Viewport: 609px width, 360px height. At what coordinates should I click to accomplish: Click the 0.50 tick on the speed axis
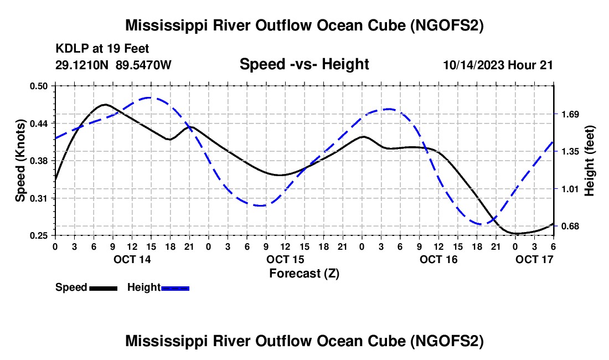(x=42, y=86)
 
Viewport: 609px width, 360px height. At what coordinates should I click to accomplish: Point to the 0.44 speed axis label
(x=42, y=123)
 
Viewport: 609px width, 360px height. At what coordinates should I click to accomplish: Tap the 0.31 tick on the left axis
(x=42, y=198)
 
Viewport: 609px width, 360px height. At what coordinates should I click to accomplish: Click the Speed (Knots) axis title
(x=20, y=161)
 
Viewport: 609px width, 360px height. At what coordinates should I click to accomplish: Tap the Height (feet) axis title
(x=589, y=161)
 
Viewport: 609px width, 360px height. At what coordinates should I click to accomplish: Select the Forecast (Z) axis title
(x=304, y=273)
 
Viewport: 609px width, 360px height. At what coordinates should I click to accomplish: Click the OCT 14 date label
(x=132, y=259)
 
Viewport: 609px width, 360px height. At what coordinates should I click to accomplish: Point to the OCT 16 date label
(x=438, y=259)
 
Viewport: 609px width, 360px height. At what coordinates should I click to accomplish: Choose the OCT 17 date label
(x=534, y=259)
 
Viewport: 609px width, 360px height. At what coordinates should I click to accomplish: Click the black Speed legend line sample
(x=103, y=287)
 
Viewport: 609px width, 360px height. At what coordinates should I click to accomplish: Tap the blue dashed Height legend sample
(x=176, y=287)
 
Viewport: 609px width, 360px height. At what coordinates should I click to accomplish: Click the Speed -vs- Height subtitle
(x=304, y=64)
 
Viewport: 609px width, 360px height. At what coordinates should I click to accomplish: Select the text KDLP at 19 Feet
(x=102, y=49)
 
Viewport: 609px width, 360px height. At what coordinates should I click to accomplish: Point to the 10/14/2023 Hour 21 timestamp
(x=498, y=65)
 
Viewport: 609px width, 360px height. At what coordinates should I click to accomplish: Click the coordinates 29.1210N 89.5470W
(x=113, y=65)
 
